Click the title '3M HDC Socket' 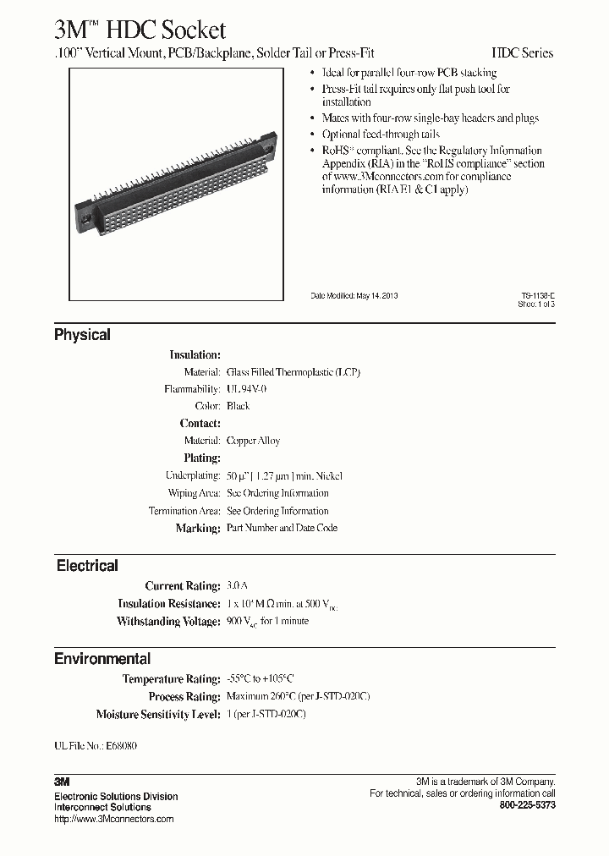tap(140, 30)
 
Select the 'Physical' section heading tap(82, 335)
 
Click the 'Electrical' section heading tap(87, 566)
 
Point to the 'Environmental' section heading tap(102, 659)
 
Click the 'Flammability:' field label tap(192, 389)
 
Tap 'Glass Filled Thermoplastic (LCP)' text tap(294, 372)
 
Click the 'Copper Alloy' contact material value tap(253, 441)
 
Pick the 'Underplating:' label tap(191, 476)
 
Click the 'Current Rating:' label tap(183, 586)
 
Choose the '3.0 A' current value tap(237, 586)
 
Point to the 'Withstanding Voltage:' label tap(168, 622)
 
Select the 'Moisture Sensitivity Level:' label tap(158, 715)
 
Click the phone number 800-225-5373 tap(528, 806)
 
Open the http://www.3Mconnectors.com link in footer tap(113, 819)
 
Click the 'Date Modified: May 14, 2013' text tap(354, 296)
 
